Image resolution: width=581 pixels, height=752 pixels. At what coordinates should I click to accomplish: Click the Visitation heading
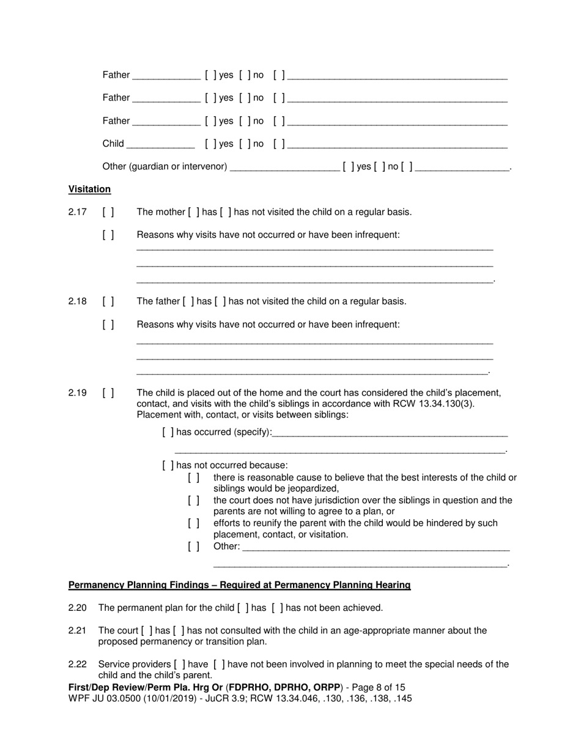pyautogui.click(x=89, y=189)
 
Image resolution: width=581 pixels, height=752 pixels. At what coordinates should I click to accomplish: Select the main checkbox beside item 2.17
pyautogui.click(x=108, y=212)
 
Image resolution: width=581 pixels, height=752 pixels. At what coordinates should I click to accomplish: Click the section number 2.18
pyautogui.click(x=77, y=301)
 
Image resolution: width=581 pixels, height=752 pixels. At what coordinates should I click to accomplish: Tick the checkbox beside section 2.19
pyautogui.click(x=108, y=393)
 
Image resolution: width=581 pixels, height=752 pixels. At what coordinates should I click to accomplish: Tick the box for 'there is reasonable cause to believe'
pyautogui.click(x=193, y=477)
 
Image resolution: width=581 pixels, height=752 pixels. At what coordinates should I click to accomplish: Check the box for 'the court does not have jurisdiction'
pyautogui.click(x=193, y=500)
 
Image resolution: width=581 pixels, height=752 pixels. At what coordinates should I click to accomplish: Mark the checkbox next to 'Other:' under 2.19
pyautogui.click(x=193, y=546)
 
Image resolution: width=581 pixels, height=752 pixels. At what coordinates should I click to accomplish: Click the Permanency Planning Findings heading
pyautogui.click(x=239, y=585)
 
